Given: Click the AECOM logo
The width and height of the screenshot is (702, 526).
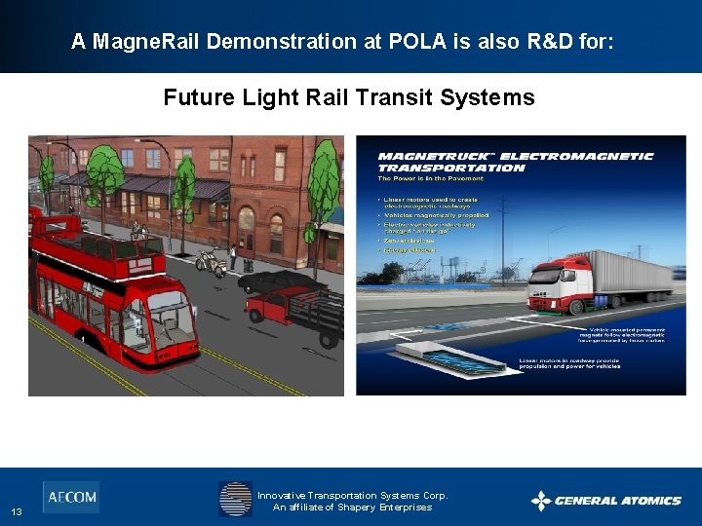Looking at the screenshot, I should pyautogui.click(x=70, y=497).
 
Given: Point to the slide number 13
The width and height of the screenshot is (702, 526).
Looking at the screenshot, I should pyautogui.click(x=18, y=512).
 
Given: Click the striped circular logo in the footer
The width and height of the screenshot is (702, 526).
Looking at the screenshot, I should pyautogui.click(x=235, y=499).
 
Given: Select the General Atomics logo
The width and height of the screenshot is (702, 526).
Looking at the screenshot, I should pyautogui.click(x=606, y=501).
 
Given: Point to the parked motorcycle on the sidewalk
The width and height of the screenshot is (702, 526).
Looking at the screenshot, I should pyautogui.click(x=209, y=261).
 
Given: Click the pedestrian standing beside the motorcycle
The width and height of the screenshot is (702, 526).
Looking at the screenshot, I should pyautogui.click(x=232, y=257).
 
